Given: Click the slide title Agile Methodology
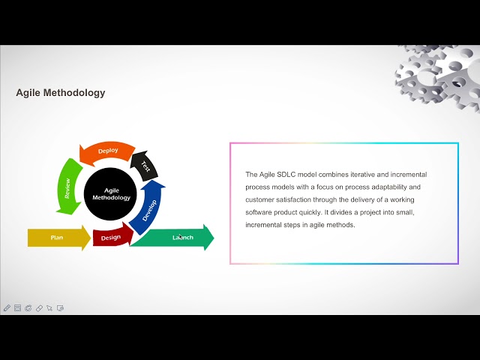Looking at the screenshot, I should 61,93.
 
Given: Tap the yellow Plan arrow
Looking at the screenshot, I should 57,238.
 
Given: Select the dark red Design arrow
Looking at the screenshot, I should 111,237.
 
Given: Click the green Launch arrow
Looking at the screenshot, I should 180,238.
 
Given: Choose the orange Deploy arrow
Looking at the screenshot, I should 108,151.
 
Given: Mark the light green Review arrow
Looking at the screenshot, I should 68,184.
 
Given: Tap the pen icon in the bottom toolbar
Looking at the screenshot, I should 7,308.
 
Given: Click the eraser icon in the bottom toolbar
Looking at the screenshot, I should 39,308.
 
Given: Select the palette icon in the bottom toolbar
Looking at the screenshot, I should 28,308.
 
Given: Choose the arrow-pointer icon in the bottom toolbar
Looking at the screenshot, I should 49,308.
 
